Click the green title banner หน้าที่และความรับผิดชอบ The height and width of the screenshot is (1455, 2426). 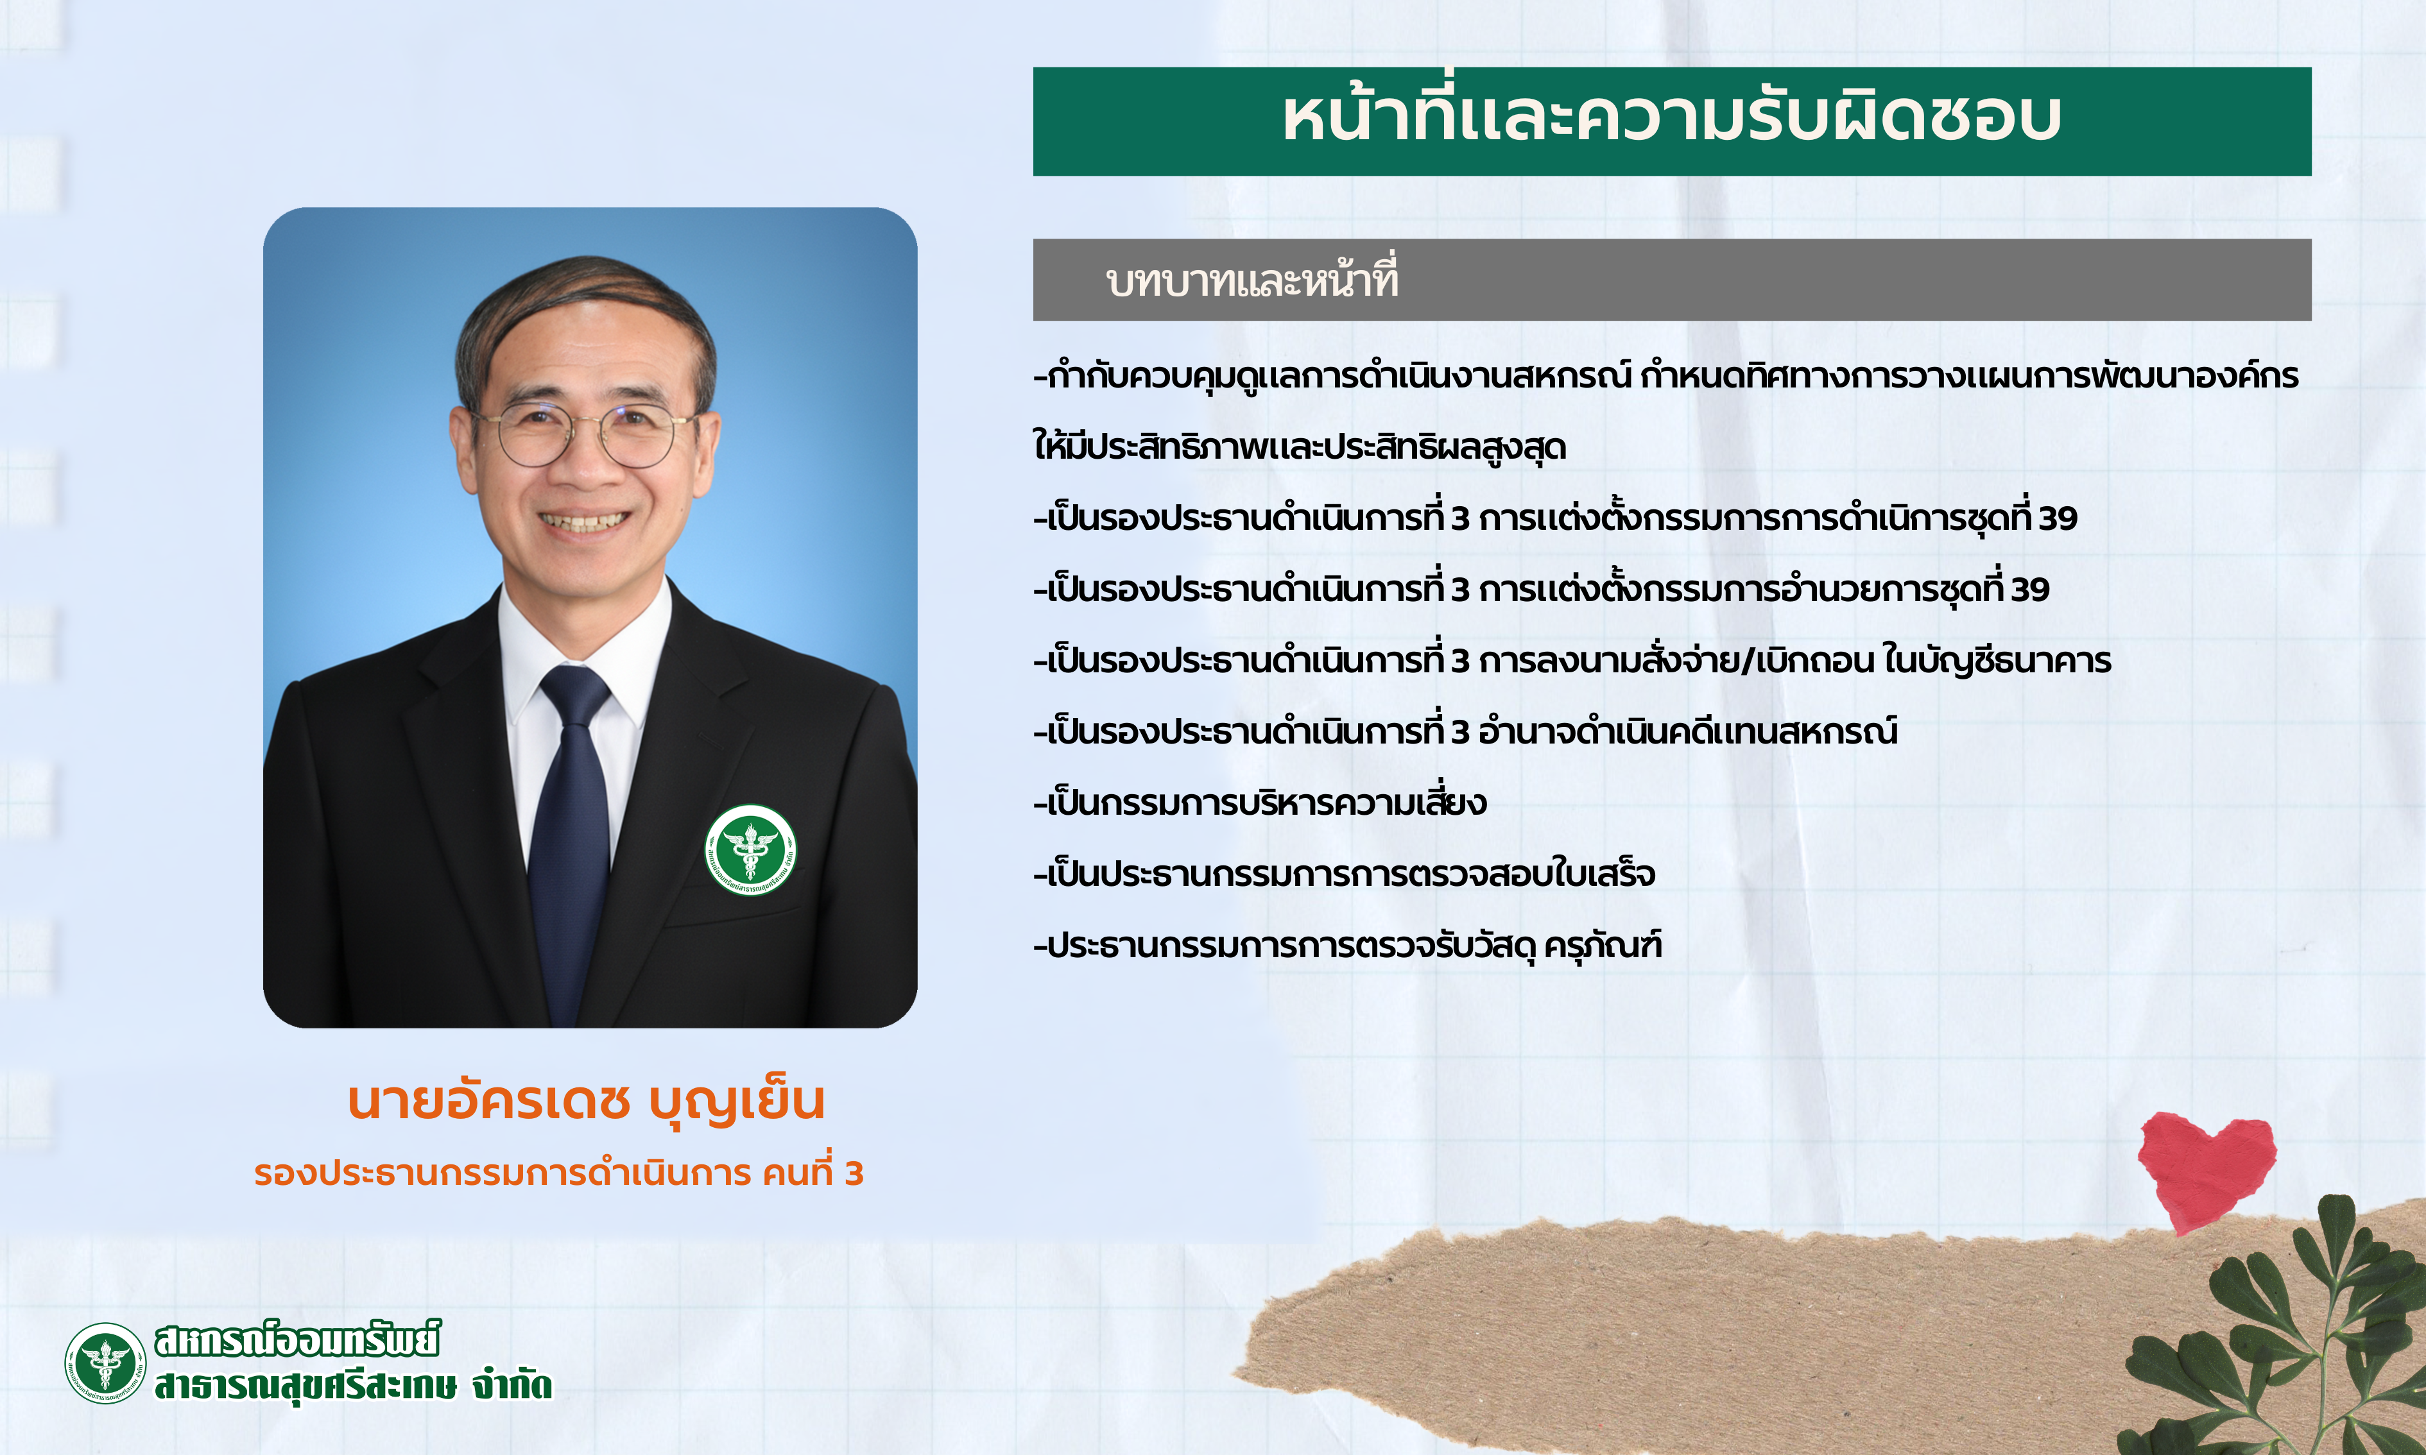pyautogui.click(x=1672, y=122)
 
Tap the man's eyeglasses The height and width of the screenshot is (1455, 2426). pyautogui.click(x=587, y=436)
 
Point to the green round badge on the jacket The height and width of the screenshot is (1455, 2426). pyautogui.click(x=750, y=849)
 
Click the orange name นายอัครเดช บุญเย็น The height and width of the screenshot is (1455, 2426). pyautogui.click(x=587, y=1101)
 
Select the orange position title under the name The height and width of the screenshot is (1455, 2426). pyautogui.click(x=559, y=1173)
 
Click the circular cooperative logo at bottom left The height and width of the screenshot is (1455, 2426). pyautogui.click(x=105, y=1363)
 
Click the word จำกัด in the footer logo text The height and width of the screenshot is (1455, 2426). pyautogui.click(x=512, y=1385)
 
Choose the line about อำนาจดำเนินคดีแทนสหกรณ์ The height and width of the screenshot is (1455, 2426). pyautogui.click(x=1466, y=731)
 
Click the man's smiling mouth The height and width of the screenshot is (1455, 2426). pyautogui.click(x=585, y=522)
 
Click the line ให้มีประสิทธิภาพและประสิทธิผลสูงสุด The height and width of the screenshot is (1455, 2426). pyautogui.click(x=1299, y=446)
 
